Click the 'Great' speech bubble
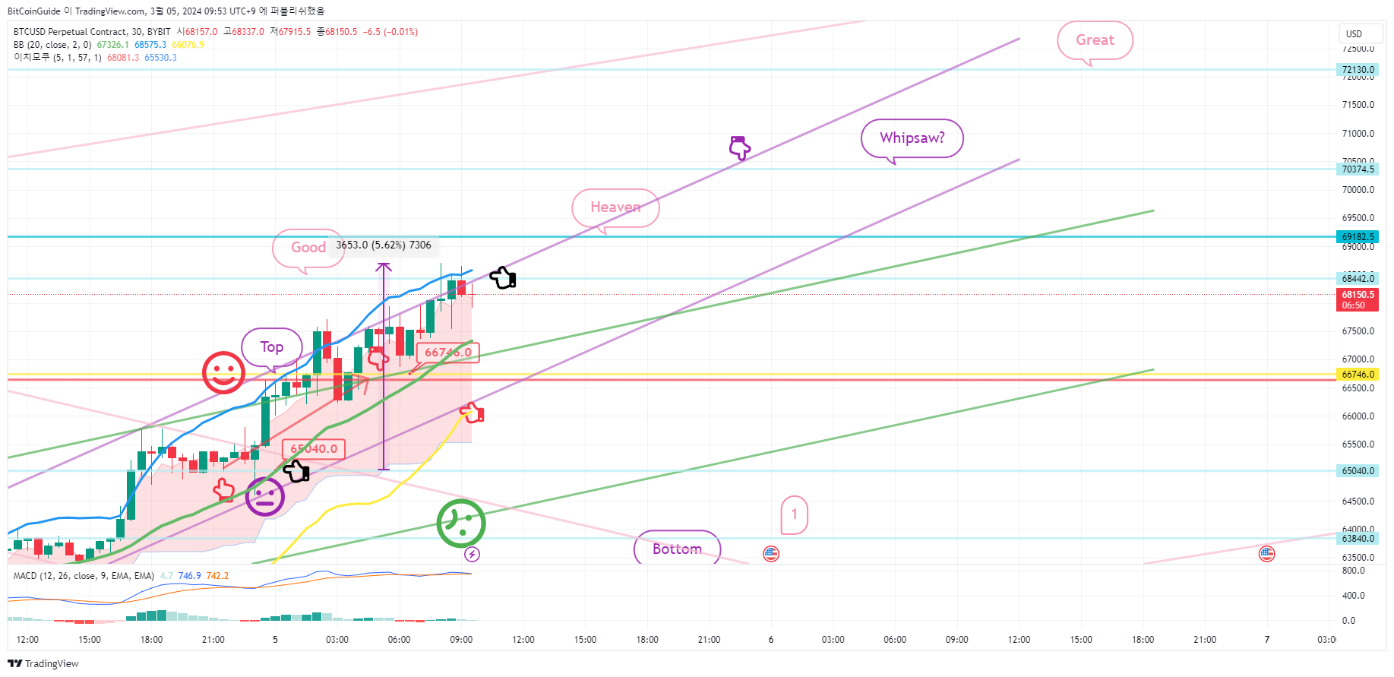tap(1095, 40)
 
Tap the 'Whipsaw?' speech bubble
tap(912, 138)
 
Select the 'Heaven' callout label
tap(615, 207)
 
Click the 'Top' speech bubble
tap(272, 347)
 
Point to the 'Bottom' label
tap(677, 549)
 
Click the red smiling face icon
tap(223, 372)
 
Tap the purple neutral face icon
tap(265, 497)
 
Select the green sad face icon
tap(461, 523)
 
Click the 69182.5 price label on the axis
tap(1358, 237)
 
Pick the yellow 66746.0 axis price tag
tap(1358, 375)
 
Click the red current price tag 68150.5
tap(1358, 299)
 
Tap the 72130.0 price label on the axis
tap(1358, 70)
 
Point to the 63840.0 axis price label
tap(1358, 539)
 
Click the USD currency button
tap(1354, 33)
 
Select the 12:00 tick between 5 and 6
tap(523, 640)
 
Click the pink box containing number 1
tap(795, 514)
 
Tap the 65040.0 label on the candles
tap(314, 449)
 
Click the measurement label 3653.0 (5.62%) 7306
tap(384, 245)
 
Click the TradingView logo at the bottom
tap(43, 663)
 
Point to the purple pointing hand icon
tap(739, 147)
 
